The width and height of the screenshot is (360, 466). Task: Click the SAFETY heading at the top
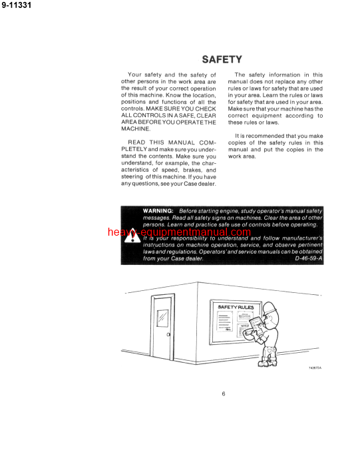[x=222, y=59]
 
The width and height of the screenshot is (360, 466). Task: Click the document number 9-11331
[x=20, y=7]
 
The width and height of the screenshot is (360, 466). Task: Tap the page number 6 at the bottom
[x=224, y=393]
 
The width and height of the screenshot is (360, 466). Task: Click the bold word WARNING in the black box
[x=158, y=211]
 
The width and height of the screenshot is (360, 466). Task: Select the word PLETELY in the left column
[x=139, y=149]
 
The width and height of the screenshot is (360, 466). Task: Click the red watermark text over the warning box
[x=180, y=233]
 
